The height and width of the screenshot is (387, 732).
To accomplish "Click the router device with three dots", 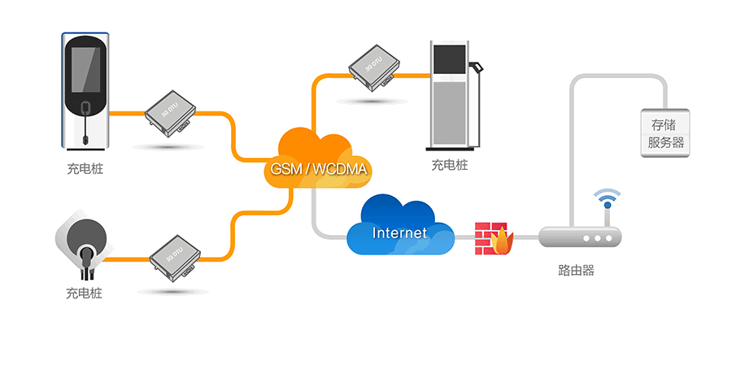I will tap(579, 237).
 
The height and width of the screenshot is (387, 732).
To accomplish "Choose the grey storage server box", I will tap(665, 134).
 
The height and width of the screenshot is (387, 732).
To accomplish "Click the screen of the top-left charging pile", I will tap(85, 70).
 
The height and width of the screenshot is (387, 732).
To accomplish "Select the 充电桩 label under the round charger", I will tap(85, 292).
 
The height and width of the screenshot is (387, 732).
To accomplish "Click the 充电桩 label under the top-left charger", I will tap(85, 169).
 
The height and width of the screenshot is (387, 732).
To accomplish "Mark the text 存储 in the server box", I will tap(665, 124).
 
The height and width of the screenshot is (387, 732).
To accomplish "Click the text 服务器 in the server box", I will tap(665, 144).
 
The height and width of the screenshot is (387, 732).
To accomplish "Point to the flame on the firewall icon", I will tap(503, 241).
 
